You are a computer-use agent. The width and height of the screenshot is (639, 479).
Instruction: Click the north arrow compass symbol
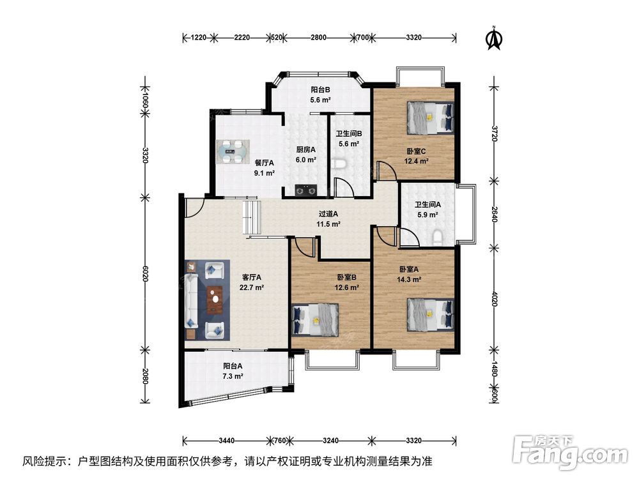(x=495, y=39)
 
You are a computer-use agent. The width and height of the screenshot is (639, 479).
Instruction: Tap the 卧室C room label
(x=416, y=151)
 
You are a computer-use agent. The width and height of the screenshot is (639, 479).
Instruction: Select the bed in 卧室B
(x=316, y=320)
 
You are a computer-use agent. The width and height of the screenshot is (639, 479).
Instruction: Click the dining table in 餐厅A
(x=233, y=151)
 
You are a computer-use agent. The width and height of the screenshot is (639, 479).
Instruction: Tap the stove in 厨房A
(x=306, y=190)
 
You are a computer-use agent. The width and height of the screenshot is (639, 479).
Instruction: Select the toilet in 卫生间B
(x=339, y=163)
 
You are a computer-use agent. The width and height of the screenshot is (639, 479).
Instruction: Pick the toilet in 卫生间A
(x=437, y=237)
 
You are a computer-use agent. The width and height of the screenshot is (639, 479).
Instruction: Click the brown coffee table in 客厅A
(x=215, y=300)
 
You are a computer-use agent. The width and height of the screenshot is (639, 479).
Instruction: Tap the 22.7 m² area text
(x=251, y=287)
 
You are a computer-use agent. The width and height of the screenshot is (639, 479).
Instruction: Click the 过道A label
(x=328, y=213)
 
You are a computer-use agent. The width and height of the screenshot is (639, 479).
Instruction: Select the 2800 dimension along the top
(x=318, y=38)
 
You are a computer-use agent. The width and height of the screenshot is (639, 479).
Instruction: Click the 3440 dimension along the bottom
(x=227, y=440)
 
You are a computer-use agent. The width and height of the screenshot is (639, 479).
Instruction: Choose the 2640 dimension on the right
(x=495, y=214)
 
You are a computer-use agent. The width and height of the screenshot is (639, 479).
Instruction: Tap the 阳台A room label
(x=233, y=366)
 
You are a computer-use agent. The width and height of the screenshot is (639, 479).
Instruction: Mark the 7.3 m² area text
(x=233, y=376)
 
